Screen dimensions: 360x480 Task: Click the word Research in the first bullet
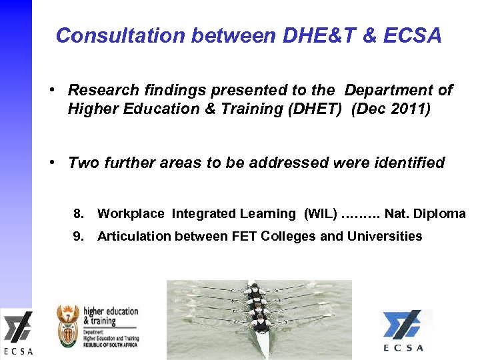pos(103,90)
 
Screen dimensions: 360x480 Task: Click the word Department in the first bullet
pos(389,90)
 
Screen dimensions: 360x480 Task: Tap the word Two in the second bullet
pos(84,163)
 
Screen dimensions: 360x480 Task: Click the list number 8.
pos(79,214)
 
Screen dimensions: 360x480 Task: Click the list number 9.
pos(79,236)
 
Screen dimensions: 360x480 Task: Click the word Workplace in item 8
pos(131,214)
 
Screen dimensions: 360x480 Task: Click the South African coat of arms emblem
pos(68,321)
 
